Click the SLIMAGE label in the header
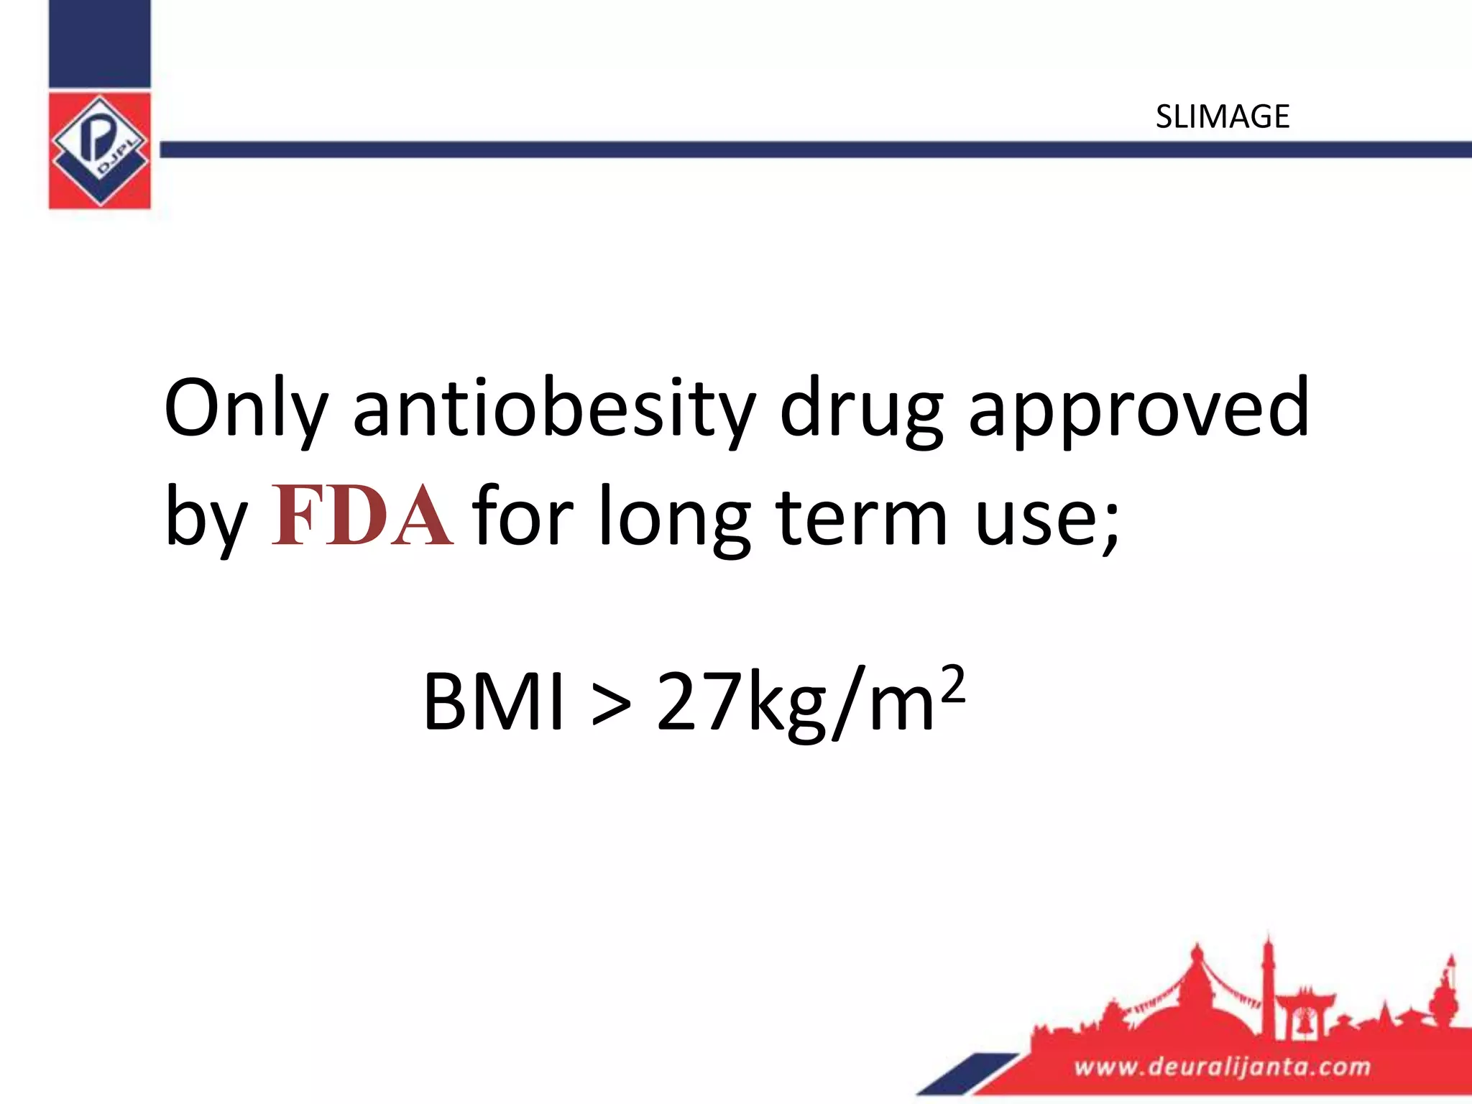coord(1222,116)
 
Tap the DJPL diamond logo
coord(100,150)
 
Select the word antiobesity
coord(553,408)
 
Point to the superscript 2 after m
coord(952,685)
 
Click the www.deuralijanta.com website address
coord(1222,1066)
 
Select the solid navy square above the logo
coord(100,44)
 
